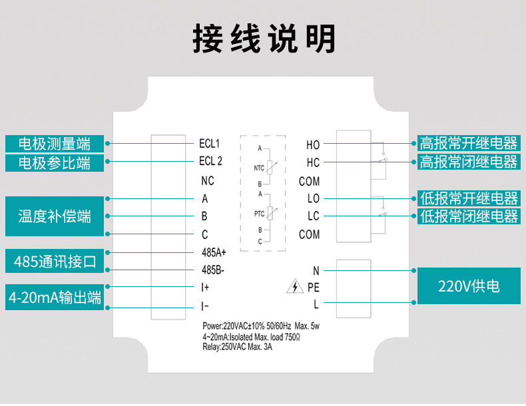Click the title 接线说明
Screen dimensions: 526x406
click(264, 38)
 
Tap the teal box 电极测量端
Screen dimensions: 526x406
click(55, 144)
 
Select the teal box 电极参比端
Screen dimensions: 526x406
click(55, 163)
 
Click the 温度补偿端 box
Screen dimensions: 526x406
click(55, 216)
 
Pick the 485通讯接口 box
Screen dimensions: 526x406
click(55, 261)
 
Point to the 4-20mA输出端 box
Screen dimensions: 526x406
click(55, 298)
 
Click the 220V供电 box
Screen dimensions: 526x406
click(469, 286)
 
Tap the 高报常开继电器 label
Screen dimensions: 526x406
click(469, 143)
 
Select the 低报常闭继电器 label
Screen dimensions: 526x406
click(469, 216)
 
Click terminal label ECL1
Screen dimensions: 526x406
click(209, 144)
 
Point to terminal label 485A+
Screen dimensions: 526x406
click(214, 252)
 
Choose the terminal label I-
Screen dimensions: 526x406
click(204, 306)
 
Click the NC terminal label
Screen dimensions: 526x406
click(208, 181)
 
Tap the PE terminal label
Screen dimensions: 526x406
click(314, 288)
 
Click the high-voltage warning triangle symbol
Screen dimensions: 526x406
click(295, 286)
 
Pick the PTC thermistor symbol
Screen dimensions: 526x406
click(270, 213)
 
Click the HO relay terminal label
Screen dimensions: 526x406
click(313, 145)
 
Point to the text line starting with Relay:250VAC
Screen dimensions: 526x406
click(237, 347)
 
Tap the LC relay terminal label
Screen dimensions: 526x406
click(314, 216)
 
